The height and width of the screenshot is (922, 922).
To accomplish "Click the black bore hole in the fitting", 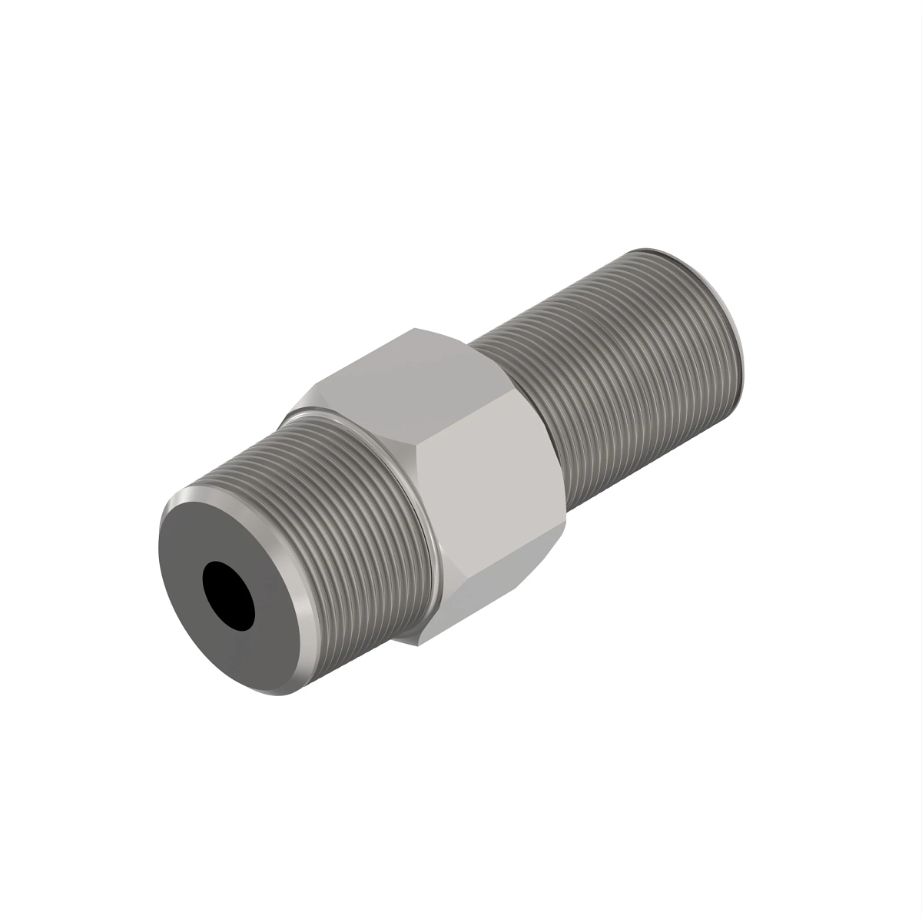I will (x=229, y=595).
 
